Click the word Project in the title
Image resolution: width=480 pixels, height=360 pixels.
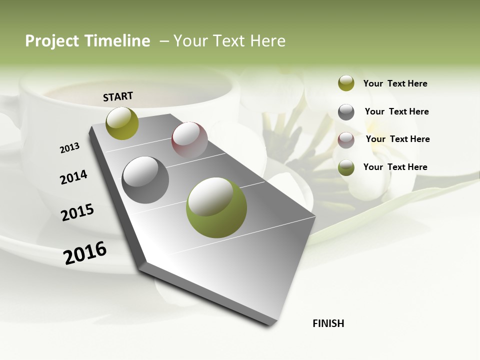tap(50, 41)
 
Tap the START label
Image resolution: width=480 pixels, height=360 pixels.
tap(118, 96)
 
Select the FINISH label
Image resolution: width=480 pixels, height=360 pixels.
tap(328, 323)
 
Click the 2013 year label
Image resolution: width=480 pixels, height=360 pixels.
tap(69, 148)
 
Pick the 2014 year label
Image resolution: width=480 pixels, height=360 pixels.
tap(73, 177)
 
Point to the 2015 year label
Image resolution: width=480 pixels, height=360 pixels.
tap(77, 212)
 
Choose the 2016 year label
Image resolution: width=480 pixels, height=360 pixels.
tap(85, 252)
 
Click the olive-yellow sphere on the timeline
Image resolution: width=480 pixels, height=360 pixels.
tap(122, 123)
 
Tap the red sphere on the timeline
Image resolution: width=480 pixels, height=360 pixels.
tap(189, 139)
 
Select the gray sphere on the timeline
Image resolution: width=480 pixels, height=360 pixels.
tap(145, 180)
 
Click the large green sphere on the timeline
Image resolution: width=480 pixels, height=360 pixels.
tap(216, 207)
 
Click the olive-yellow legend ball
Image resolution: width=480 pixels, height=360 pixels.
tap(346, 83)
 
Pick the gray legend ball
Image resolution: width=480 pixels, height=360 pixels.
tap(346, 112)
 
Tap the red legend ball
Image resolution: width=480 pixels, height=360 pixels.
tap(346, 139)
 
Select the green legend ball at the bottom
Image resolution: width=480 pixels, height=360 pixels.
tap(346, 167)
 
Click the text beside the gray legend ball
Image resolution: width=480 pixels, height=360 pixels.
tap(396, 111)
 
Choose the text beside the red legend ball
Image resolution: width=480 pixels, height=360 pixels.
tap(397, 139)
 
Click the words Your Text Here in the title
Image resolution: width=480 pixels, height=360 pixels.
tap(229, 41)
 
